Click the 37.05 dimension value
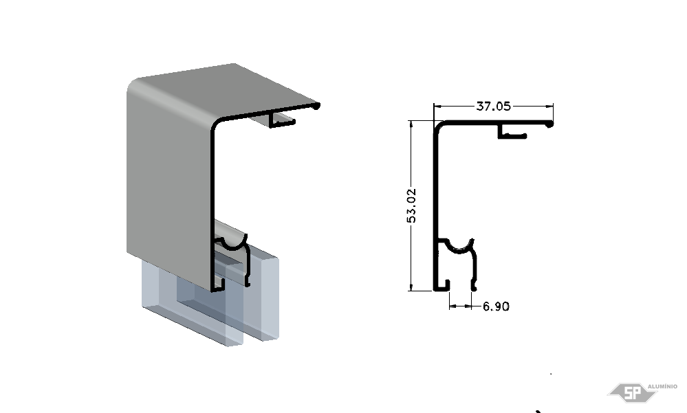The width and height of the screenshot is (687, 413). point(493,107)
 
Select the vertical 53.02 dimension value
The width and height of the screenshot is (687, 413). point(412,206)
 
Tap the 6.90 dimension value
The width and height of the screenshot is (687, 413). point(496,306)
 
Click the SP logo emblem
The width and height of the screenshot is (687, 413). point(632,392)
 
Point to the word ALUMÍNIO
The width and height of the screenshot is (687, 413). point(662,386)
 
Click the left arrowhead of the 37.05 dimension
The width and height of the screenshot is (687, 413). point(437,106)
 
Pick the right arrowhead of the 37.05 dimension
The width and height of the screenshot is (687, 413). point(549,106)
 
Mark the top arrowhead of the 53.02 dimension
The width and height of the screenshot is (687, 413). point(411,124)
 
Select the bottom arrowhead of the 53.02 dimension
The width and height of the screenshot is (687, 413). point(411,287)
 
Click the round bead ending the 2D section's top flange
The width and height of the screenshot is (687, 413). point(549,124)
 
